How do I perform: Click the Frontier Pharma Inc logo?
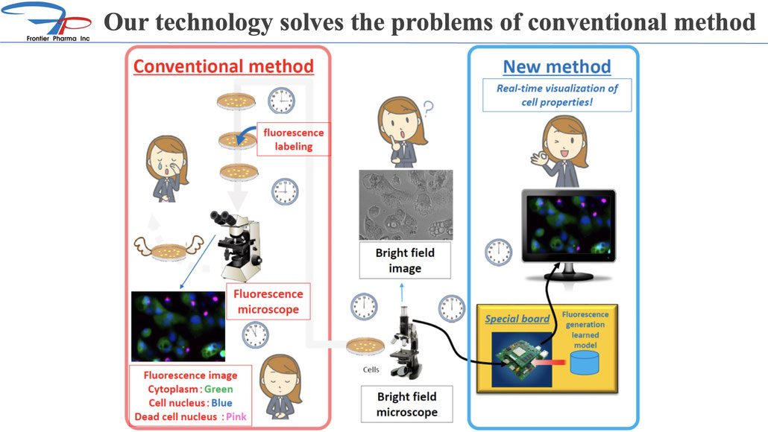(46, 22)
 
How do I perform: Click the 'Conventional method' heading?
(224, 66)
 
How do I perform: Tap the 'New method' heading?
(557, 66)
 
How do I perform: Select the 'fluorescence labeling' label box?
(293, 139)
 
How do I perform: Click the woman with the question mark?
(400, 132)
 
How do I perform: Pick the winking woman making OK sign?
(561, 151)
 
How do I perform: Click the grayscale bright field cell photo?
(406, 205)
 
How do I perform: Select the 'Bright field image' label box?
(405, 261)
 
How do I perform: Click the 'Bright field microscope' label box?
(406, 404)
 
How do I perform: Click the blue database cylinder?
(585, 363)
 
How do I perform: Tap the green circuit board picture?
(522, 360)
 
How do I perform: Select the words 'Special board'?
(517, 319)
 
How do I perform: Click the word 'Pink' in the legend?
(236, 417)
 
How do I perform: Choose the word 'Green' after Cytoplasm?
(218, 390)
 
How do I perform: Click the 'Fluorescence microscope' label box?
(268, 302)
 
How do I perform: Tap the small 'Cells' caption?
(371, 370)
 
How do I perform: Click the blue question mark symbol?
(429, 107)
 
